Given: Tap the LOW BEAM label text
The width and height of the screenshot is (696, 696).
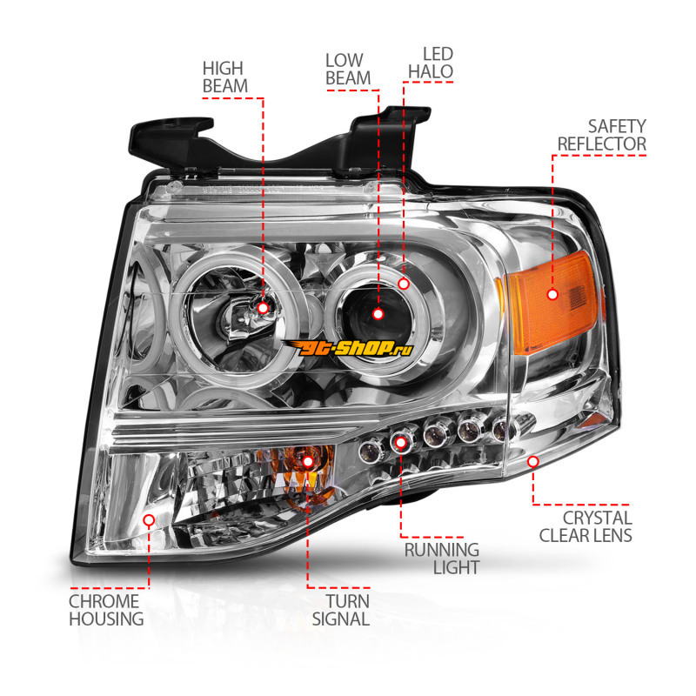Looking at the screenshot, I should click(348, 69).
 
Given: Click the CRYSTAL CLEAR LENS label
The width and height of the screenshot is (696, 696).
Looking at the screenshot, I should click(586, 526).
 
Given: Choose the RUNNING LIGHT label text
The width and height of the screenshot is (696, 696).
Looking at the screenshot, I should click(442, 558).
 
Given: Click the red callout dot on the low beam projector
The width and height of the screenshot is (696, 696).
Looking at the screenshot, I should click(378, 313).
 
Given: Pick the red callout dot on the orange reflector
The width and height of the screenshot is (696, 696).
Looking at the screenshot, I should click(552, 294).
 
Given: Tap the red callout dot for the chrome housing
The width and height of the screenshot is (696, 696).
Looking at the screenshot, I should click(149, 520).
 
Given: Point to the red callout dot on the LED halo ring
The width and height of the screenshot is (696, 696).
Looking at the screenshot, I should click(404, 283).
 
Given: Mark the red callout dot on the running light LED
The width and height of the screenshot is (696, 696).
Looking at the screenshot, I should click(401, 443).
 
